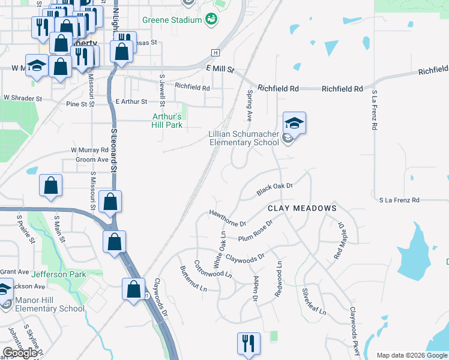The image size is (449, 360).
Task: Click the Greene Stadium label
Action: click(x=171, y=20)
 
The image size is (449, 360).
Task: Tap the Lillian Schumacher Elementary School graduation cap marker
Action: click(x=294, y=124)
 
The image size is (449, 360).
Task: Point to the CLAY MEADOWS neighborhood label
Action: click(x=302, y=208)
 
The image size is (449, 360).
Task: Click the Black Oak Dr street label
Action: click(x=274, y=190)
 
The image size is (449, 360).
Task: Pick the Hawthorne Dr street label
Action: click(x=228, y=218)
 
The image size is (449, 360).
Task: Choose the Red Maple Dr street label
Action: click(x=340, y=241)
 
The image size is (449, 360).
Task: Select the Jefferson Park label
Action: click(x=59, y=274)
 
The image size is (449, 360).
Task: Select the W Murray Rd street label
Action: click(x=89, y=149)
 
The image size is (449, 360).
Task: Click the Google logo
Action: click(x=20, y=353)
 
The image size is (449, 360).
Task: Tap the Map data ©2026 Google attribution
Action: click(x=411, y=355)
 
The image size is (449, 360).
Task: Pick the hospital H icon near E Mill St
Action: click(x=214, y=52)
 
